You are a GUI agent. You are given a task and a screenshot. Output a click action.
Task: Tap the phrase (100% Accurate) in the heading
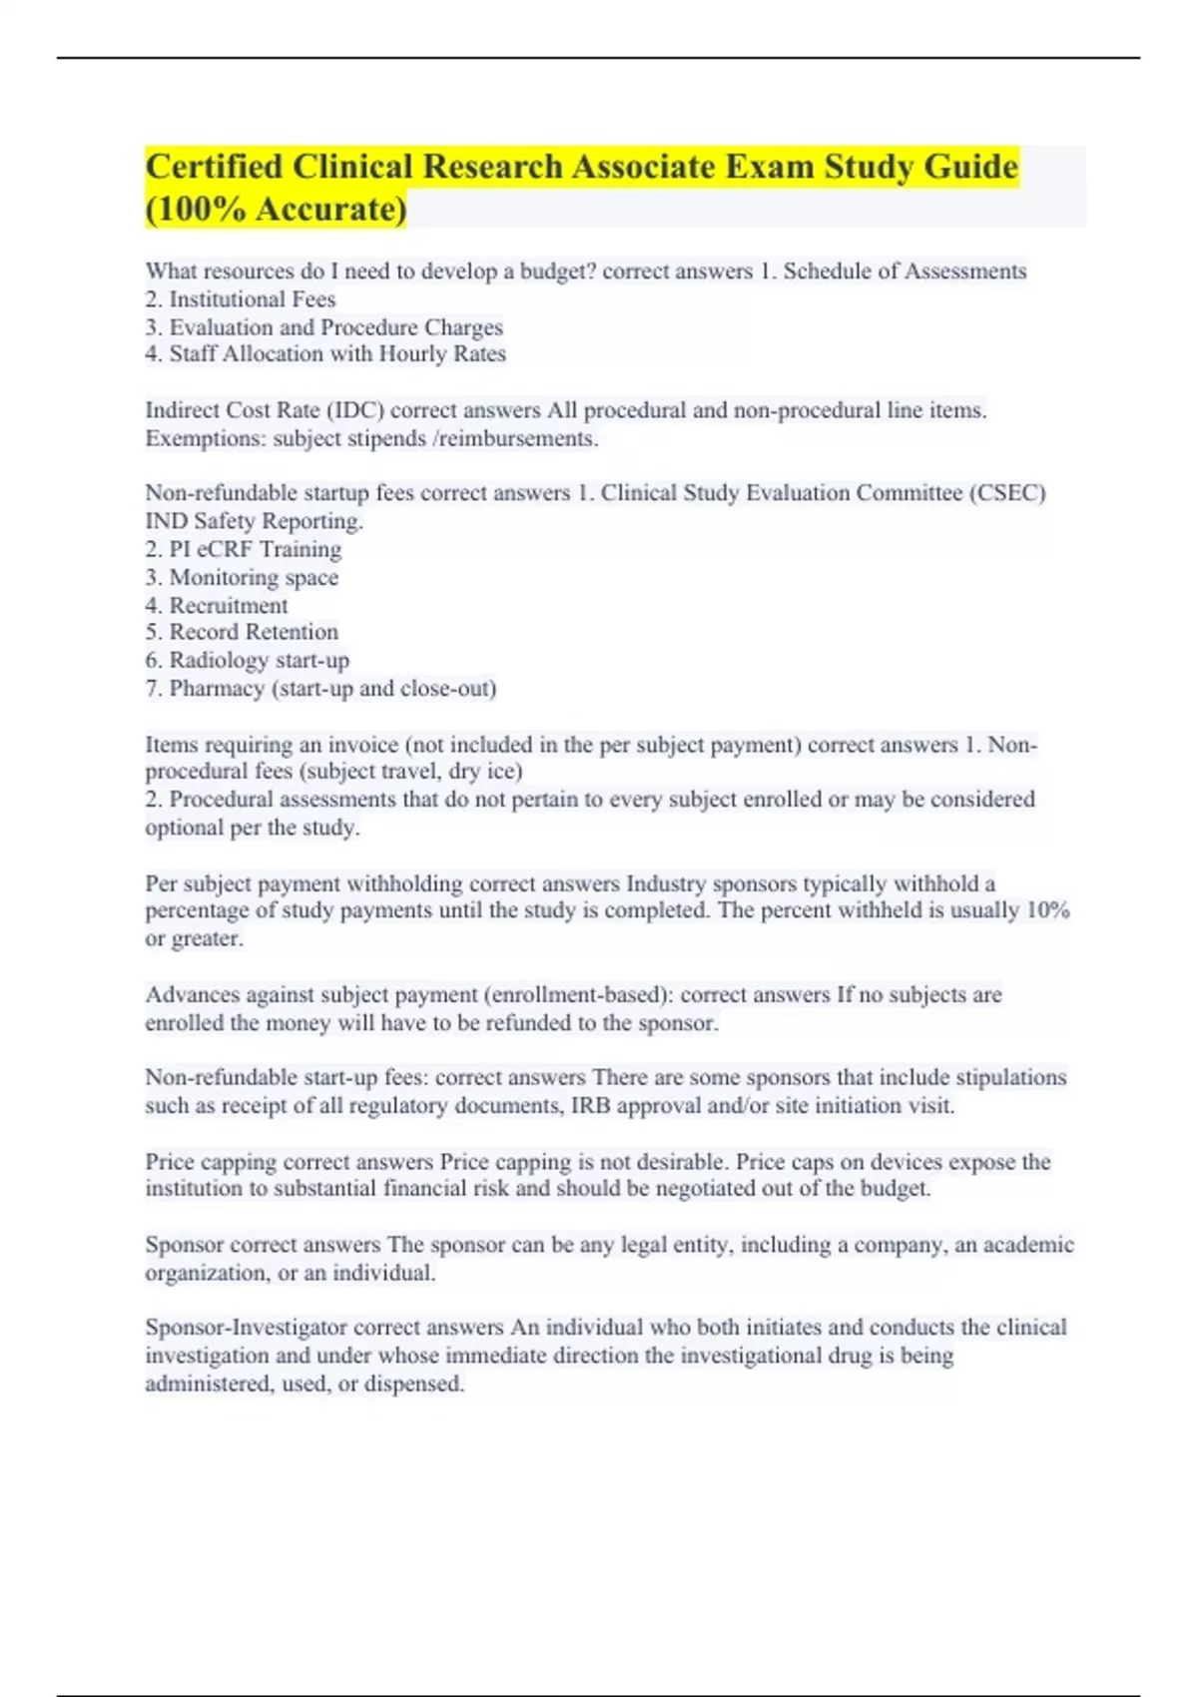pyautogui.click(x=277, y=210)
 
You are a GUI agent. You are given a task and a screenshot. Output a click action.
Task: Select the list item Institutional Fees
pyautogui.click(x=252, y=299)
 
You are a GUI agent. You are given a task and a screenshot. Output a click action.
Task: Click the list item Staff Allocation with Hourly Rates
pyautogui.click(x=336, y=354)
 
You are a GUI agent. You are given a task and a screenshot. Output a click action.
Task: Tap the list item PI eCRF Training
pyautogui.click(x=255, y=549)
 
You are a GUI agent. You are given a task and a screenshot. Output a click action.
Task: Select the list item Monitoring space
pyautogui.click(x=254, y=577)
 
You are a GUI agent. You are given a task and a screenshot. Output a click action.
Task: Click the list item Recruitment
pyautogui.click(x=228, y=605)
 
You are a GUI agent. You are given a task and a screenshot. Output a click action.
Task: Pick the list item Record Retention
pyautogui.click(x=254, y=632)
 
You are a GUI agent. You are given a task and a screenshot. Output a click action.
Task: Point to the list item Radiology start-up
pyautogui.click(x=259, y=660)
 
